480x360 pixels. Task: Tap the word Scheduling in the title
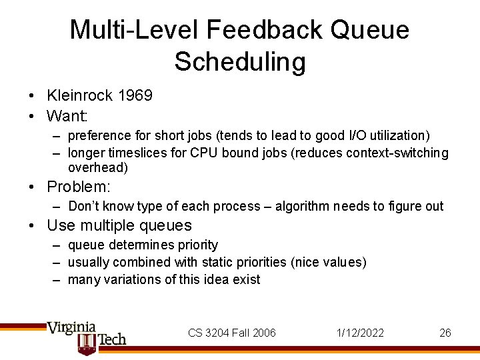coord(240,61)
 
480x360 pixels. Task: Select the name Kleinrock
coord(79,95)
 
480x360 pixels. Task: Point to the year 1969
coord(135,95)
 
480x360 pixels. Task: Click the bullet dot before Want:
coord(32,116)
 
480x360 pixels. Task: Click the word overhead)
coord(97,168)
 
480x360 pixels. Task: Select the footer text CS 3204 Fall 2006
coord(232,333)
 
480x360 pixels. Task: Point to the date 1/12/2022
coord(361,333)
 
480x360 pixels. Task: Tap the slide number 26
coord(445,333)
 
